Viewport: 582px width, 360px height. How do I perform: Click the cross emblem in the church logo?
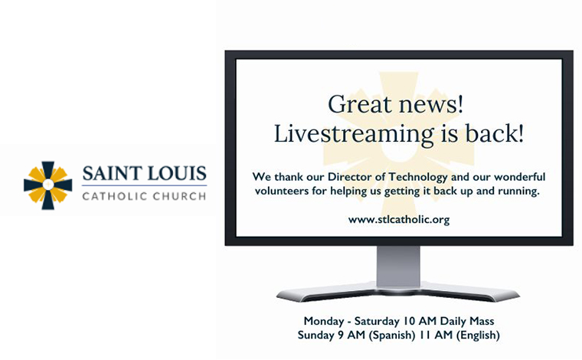[48, 185]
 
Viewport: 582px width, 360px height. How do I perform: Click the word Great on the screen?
[360, 104]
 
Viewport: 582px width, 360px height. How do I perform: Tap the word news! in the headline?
[431, 105]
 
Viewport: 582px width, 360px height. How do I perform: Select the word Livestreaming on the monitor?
[354, 134]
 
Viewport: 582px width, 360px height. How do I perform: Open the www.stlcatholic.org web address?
[399, 220]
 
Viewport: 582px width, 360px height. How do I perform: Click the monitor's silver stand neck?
[398, 266]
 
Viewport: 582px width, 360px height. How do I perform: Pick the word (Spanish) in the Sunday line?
[391, 335]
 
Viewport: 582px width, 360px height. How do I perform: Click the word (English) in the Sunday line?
[478, 335]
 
